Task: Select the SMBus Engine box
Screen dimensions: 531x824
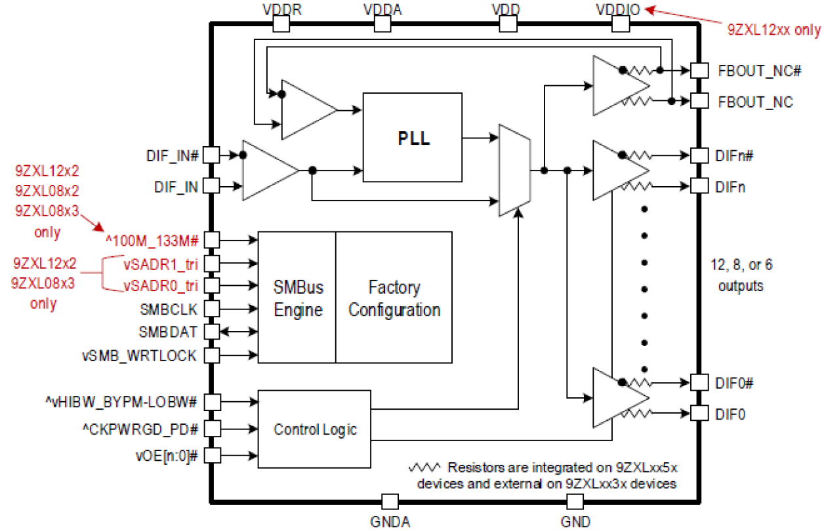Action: (298, 298)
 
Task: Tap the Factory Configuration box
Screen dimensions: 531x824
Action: (394, 298)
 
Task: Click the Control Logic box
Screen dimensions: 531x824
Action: (315, 429)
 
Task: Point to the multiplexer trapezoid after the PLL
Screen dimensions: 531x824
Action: (514, 170)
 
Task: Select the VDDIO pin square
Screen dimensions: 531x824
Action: (621, 24)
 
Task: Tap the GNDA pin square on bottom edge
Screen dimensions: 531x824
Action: (390, 501)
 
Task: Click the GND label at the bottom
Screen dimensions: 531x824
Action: (575, 522)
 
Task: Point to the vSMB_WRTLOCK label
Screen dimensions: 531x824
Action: (139, 355)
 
